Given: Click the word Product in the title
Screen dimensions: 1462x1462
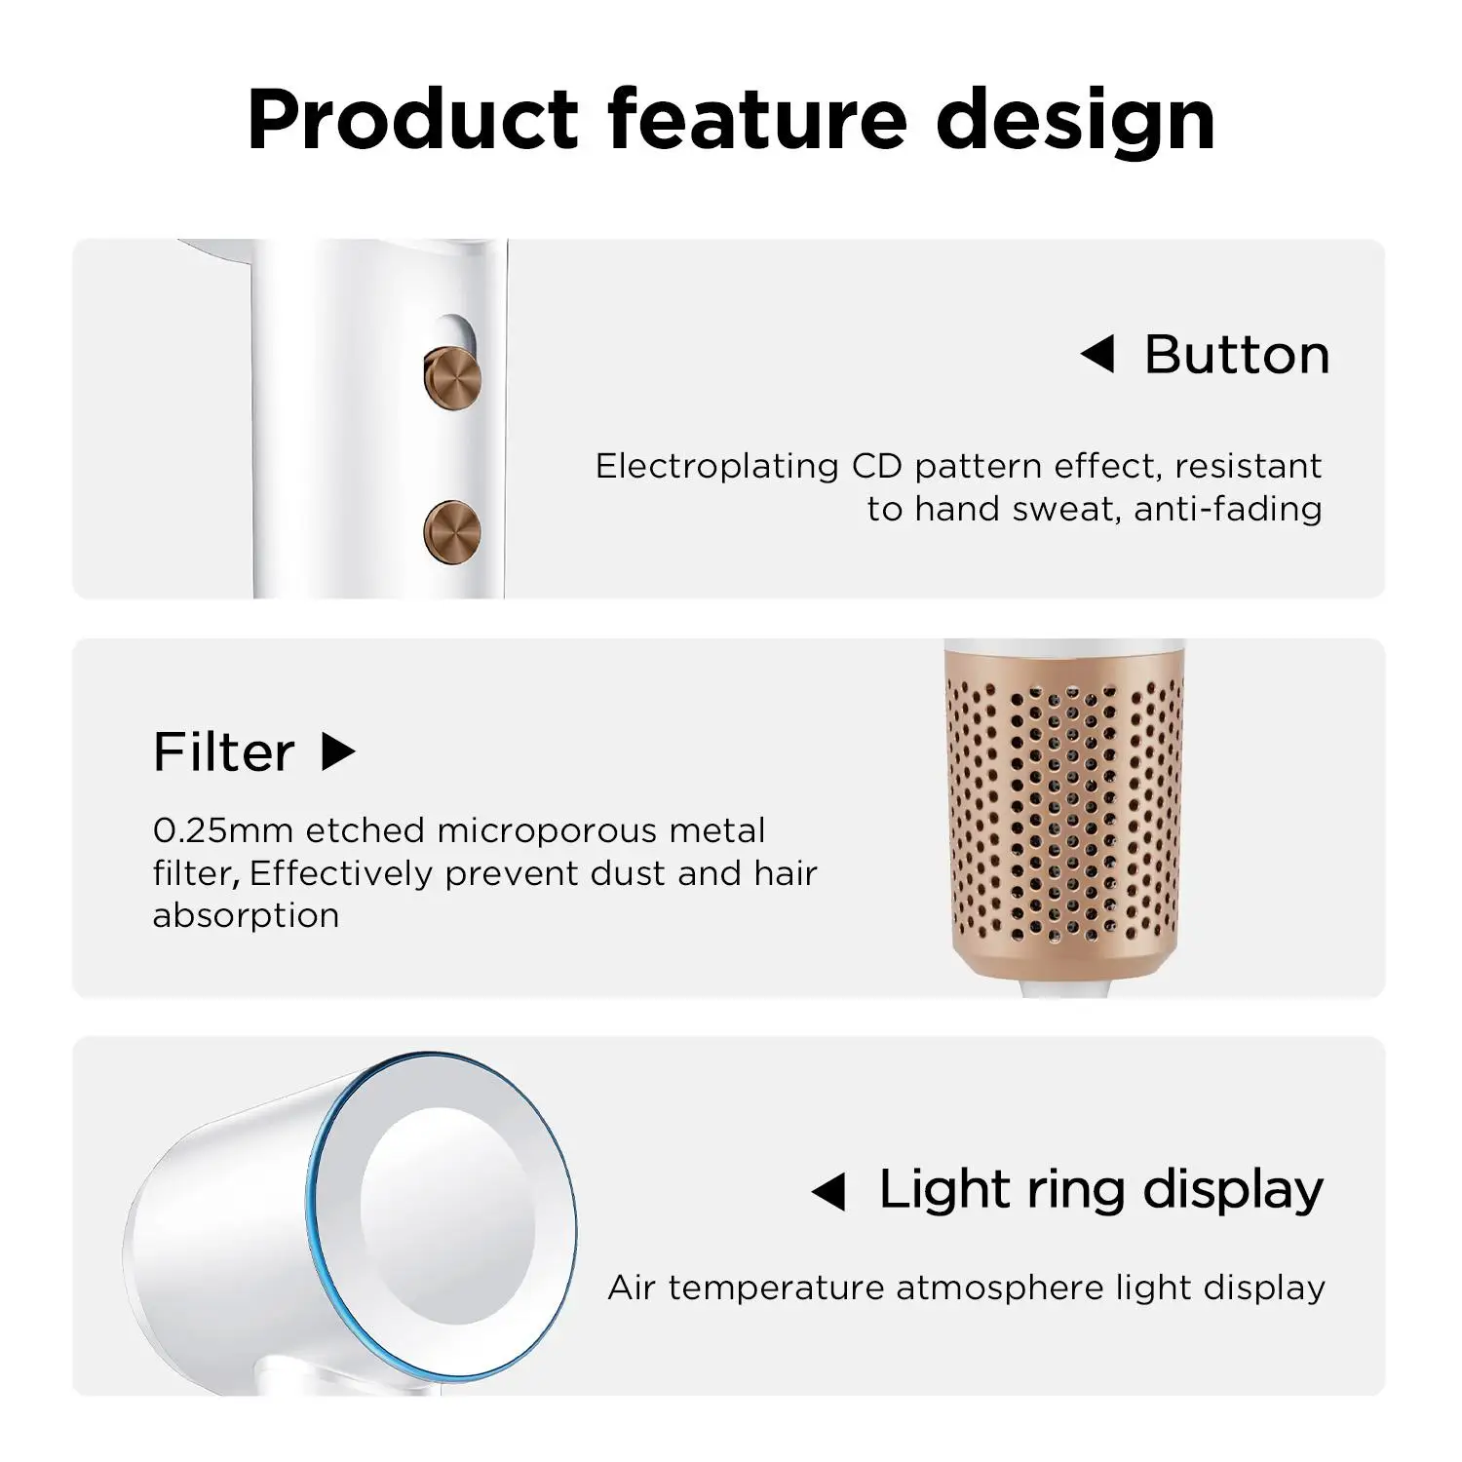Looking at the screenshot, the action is pos(414,120).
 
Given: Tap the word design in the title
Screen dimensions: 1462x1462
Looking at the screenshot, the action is pos(1076,122).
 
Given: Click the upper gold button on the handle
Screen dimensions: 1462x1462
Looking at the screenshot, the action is pos(452,375).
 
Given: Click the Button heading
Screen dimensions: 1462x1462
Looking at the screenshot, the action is pos(1237,355).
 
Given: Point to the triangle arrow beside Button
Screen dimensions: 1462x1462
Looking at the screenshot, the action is pos(1097,355).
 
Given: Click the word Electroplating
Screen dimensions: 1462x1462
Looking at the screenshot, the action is pos(717,467).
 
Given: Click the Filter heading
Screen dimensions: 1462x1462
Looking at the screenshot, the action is pos(223,752).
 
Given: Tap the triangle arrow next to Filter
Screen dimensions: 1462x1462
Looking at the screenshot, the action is pos(338,751).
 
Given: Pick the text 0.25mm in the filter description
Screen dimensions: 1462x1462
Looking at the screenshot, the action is pos(223,831).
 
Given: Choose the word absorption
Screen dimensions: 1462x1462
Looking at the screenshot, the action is pos(246,916).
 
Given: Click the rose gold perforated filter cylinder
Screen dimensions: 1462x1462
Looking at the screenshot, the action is pos(1065,814).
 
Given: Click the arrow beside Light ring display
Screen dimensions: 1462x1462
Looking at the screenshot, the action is pos(828,1192).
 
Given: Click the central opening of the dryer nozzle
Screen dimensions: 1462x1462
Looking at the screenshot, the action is pos(447,1216).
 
